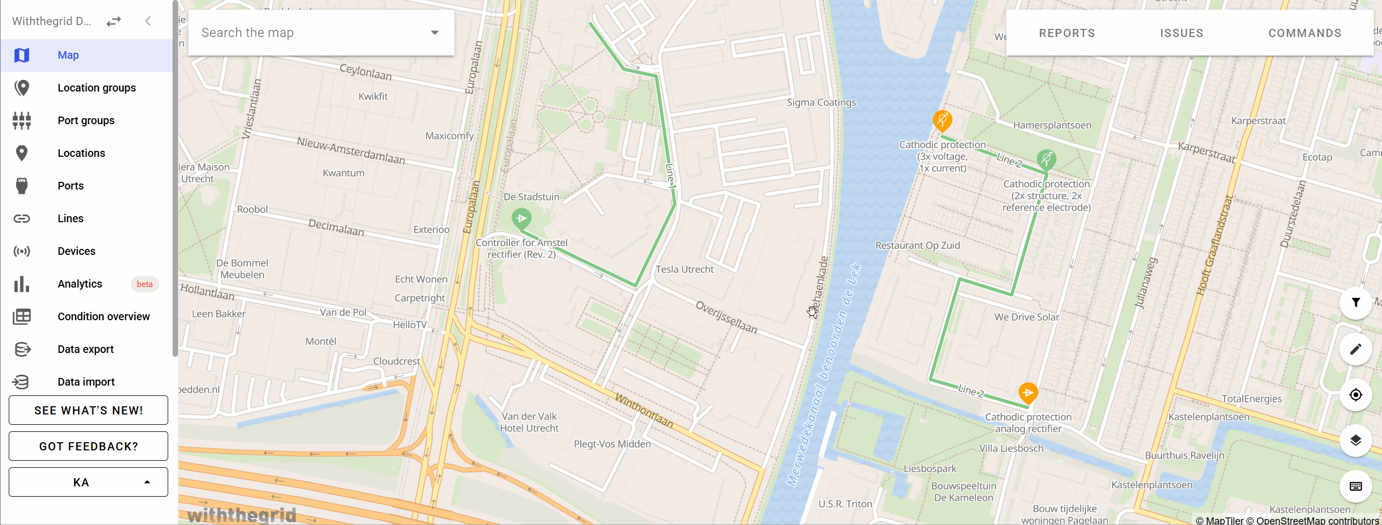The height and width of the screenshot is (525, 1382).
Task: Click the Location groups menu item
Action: click(96, 88)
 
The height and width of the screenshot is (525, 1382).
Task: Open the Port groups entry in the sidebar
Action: click(85, 120)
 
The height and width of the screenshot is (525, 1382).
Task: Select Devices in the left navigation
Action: click(76, 251)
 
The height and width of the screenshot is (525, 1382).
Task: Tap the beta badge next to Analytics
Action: click(144, 284)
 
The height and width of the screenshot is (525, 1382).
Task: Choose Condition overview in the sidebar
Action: click(103, 316)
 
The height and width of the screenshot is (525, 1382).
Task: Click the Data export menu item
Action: click(85, 349)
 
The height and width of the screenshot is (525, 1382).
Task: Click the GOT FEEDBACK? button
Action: click(88, 446)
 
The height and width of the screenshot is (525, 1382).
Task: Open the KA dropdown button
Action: click(88, 482)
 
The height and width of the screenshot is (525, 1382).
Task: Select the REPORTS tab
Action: click(1067, 33)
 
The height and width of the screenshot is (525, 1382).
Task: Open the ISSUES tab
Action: click(1181, 33)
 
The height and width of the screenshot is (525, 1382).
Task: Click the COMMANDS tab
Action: click(1305, 33)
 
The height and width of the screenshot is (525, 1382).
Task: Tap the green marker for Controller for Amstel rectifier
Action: click(521, 219)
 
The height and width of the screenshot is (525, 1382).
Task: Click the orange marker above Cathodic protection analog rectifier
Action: click(1028, 393)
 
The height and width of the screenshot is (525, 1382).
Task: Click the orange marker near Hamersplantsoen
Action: click(942, 119)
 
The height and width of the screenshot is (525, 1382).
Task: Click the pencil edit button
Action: click(1355, 349)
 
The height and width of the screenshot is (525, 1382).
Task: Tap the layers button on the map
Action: click(1355, 440)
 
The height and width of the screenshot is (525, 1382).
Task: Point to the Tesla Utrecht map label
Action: click(684, 269)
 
